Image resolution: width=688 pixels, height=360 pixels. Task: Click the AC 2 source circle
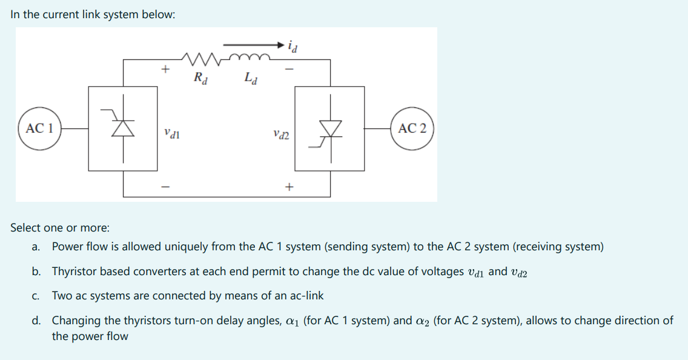tap(412, 128)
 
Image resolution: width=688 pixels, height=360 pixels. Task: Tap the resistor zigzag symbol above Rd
tap(198, 59)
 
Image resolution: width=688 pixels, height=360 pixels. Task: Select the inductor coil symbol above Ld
tap(250, 57)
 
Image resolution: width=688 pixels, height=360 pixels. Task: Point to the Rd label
tap(199, 78)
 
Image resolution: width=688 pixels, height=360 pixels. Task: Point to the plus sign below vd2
tap(289, 187)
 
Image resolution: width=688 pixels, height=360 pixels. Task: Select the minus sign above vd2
tap(289, 70)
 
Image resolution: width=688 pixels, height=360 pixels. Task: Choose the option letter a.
tap(36, 247)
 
